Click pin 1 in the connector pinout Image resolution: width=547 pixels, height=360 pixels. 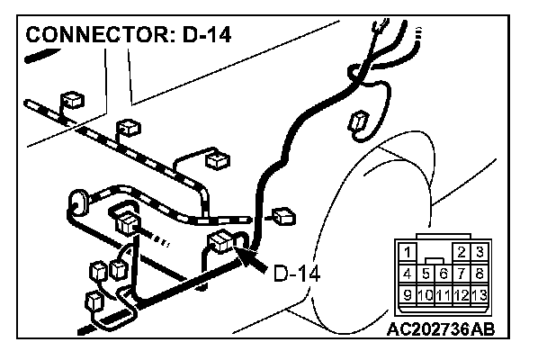(408, 253)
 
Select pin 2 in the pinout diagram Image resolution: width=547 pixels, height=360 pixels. (462, 253)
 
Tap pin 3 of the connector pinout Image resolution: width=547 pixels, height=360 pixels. (480, 253)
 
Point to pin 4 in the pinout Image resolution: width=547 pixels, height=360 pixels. (408, 273)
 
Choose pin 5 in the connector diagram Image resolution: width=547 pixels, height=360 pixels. (426, 273)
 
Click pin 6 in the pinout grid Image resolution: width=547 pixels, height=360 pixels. (444, 273)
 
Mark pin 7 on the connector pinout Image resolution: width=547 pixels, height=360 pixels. (462, 273)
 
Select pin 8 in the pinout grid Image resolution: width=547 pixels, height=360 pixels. (480, 273)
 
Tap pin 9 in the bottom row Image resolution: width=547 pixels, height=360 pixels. (408, 293)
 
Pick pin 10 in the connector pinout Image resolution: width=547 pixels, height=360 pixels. (426, 293)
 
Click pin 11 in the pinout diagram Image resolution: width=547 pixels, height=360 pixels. (444, 293)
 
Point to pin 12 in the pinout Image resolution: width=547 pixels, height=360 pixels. (462, 293)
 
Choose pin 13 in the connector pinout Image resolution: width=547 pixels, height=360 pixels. (480, 293)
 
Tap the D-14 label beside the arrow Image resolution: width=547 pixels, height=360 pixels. (297, 270)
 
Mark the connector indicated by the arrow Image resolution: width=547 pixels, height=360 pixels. (221, 240)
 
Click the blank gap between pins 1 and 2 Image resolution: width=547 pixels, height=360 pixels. (435, 251)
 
